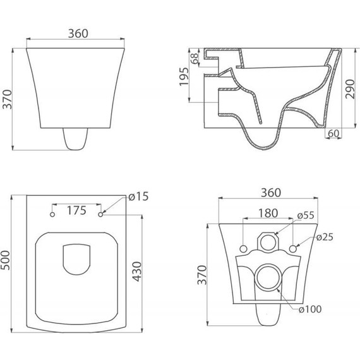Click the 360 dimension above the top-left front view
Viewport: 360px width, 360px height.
click(x=78, y=33)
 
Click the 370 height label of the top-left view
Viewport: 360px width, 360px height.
click(x=7, y=99)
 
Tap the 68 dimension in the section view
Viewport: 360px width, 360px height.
click(x=195, y=58)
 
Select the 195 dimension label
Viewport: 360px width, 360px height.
click(x=184, y=76)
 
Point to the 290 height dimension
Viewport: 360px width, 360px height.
click(x=350, y=89)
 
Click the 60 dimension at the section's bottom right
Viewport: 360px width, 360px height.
click(x=333, y=133)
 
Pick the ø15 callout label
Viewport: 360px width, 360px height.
click(x=138, y=196)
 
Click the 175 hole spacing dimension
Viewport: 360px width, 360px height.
click(x=76, y=210)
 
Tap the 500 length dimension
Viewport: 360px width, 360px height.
click(x=6, y=260)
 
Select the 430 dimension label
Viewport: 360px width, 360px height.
click(x=138, y=271)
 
